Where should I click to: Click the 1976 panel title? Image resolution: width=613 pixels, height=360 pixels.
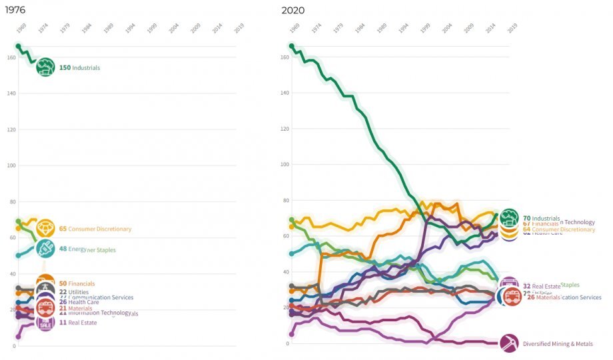pyautogui.click(x=16, y=10)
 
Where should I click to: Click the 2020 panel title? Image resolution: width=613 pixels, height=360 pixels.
pyautogui.click(x=293, y=10)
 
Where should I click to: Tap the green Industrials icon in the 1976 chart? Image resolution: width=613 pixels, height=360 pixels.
pyautogui.click(x=45, y=67)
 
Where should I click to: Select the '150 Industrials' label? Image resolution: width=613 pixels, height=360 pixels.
pyautogui.click(x=79, y=68)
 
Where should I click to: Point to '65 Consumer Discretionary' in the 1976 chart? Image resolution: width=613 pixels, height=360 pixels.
pyautogui.click(x=95, y=229)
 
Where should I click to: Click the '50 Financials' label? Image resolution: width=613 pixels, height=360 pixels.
pyautogui.click(x=77, y=284)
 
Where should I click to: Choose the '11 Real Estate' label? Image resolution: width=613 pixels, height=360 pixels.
pyautogui.click(x=78, y=323)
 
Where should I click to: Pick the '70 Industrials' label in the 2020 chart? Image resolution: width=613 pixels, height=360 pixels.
pyautogui.click(x=541, y=218)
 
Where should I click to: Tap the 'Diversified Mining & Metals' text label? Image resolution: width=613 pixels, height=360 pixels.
pyautogui.click(x=558, y=344)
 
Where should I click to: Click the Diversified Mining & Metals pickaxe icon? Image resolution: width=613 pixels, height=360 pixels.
pyautogui.click(x=510, y=344)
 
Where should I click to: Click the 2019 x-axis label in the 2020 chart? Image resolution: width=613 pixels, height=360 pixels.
pyautogui.click(x=512, y=30)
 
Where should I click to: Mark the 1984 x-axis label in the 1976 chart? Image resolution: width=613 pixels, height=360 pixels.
pyautogui.click(x=87, y=30)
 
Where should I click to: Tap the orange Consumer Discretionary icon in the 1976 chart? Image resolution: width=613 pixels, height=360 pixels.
pyautogui.click(x=45, y=229)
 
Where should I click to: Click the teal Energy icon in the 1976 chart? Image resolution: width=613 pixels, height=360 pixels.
pyautogui.click(x=45, y=249)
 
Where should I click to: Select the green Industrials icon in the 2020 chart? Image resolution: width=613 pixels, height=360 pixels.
pyautogui.click(x=510, y=217)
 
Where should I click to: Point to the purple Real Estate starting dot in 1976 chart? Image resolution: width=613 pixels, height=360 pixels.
pyautogui.click(x=18, y=337)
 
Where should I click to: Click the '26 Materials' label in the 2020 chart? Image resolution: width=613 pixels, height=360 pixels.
pyautogui.click(x=544, y=297)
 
